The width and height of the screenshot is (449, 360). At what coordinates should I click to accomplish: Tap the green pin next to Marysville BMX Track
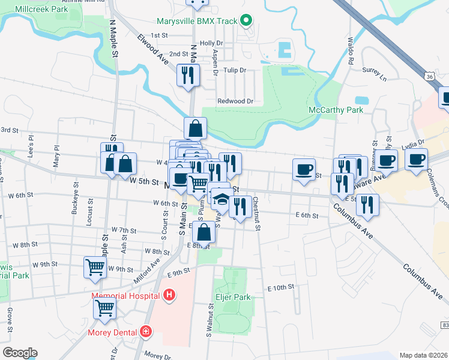245,21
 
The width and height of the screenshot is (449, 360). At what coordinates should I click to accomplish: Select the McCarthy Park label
336,110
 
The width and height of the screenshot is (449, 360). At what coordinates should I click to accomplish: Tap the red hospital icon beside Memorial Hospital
169,295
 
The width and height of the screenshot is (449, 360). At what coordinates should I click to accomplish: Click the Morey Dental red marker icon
145,331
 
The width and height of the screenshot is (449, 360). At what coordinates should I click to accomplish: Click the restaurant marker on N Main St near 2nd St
188,75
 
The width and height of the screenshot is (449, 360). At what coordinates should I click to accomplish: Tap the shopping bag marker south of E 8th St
204,232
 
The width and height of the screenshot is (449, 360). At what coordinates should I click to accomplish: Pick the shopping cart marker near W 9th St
95,266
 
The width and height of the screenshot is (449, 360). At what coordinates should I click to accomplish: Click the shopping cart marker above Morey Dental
104,308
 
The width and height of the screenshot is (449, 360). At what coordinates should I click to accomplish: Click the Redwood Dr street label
232,101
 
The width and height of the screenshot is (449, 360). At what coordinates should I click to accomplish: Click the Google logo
20,353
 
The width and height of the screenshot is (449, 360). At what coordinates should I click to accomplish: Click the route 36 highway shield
427,77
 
